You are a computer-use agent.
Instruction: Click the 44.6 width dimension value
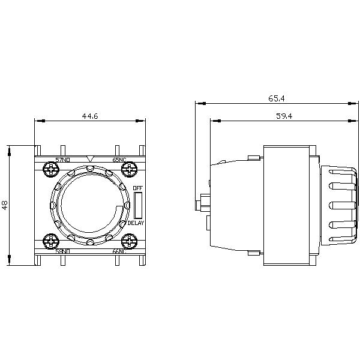click(x=90, y=116)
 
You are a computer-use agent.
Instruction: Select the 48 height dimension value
click(x=5, y=205)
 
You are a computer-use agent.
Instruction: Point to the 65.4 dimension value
click(x=278, y=97)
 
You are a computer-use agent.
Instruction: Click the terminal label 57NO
click(x=62, y=160)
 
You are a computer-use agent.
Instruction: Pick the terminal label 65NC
click(x=119, y=160)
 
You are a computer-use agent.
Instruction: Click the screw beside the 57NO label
click(x=48, y=171)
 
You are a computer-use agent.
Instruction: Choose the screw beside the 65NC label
click(x=129, y=171)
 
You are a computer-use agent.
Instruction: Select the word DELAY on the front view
click(x=136, y=223)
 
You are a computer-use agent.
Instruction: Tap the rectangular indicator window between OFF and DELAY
click(x=137, y=205)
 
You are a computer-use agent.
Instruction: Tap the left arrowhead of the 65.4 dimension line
click(x=199, y=103)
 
